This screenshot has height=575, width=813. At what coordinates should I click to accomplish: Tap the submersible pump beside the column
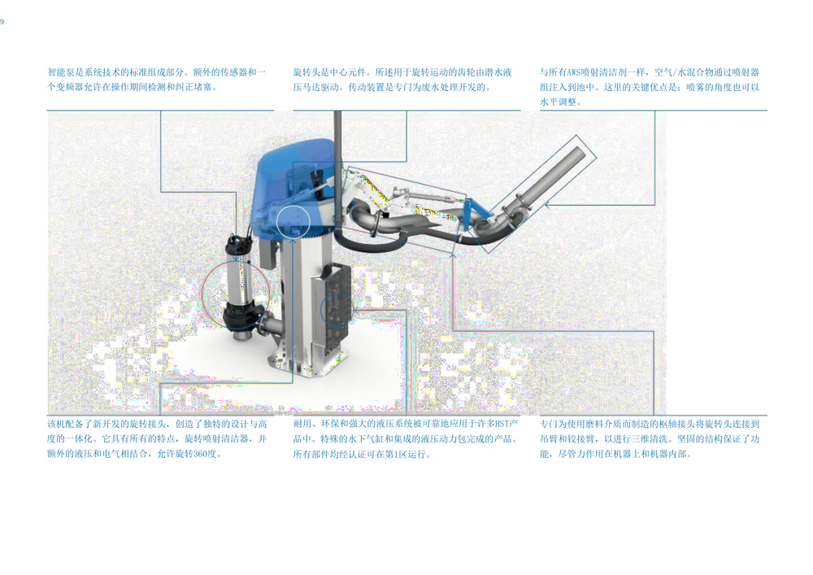[242, 288]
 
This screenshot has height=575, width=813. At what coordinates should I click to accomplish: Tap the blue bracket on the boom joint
[475, 212]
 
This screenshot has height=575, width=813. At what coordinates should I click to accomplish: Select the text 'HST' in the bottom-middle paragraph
[502, 424]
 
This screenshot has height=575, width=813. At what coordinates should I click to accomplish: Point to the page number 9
[2, 21]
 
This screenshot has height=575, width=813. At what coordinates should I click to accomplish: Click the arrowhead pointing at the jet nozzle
[546, 205]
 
